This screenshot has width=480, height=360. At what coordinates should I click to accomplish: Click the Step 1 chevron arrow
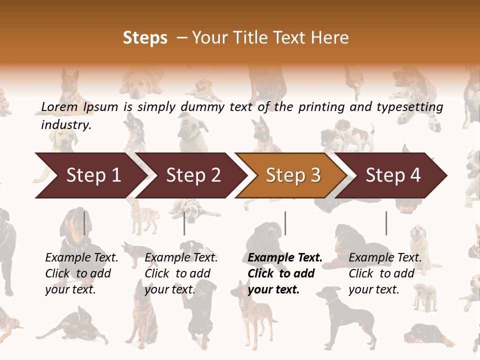click(90, 175)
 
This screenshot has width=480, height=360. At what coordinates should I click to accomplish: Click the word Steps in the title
click(145, 38)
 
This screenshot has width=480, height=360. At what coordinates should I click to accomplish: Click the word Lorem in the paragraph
click(59, 107)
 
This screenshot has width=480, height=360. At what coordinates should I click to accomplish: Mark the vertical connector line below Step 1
click(84, 223)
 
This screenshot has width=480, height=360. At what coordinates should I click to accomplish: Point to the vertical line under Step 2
click(184, 223)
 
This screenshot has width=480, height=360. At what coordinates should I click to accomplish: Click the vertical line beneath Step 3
click(285, 223)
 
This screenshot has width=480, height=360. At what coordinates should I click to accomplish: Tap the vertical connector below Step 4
click(386, 223)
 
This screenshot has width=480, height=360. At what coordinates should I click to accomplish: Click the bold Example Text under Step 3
click(285, 258)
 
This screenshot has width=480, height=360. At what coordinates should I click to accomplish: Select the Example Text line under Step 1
click(81, 258)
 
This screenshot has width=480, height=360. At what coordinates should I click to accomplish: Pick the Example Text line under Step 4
click(385, 258)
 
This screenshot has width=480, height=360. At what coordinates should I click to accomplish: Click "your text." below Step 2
click(169, 289)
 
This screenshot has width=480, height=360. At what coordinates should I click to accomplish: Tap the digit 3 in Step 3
click(315, 175)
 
